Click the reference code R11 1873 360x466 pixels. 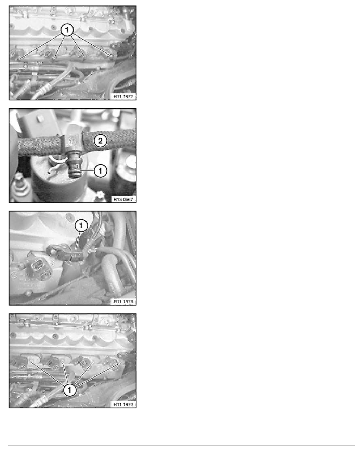tap(123, 301)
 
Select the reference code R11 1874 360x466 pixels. tap(123, 404)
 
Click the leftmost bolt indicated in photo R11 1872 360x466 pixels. tap(19, 59)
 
